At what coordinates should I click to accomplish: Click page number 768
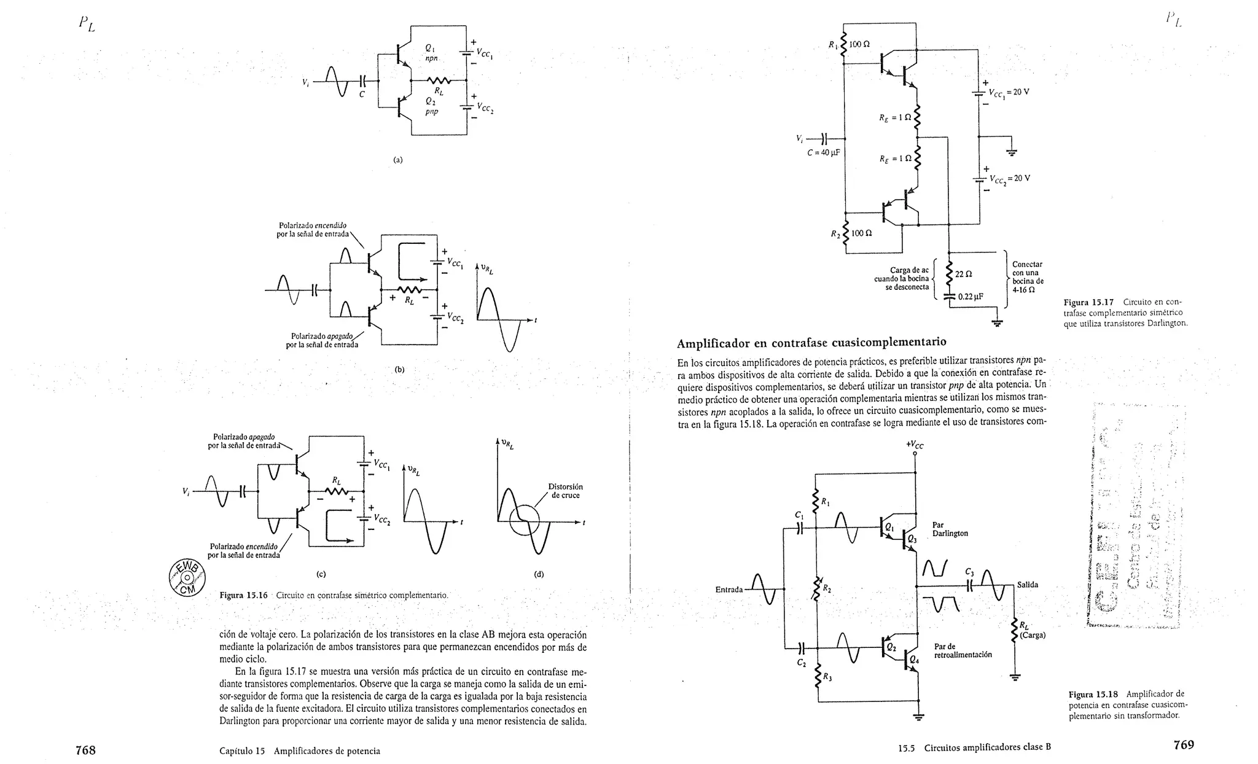click(x=85, y=750)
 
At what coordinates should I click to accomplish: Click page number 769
click(x=1183, y=745)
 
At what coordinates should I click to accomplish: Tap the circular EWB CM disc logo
click(x=187, y=578)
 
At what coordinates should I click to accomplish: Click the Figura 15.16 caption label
click(x=243, y=595)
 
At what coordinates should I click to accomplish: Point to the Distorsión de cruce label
click(x=565, y=491)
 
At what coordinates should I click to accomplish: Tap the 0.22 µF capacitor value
click(x=971, y=297)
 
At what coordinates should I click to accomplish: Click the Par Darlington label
click(x=950, y=529)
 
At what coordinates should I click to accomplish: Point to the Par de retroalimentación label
click(x=963, y=650)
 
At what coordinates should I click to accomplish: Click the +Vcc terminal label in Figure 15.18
click(x=915, y=445)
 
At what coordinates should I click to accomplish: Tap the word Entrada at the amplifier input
click(x=729, y=590)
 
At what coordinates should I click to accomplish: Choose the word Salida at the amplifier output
click(x=1027, y=585)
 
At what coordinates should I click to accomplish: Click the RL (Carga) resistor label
click(x=1031, y=631)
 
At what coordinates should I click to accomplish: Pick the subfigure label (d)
click(x=539, y=574)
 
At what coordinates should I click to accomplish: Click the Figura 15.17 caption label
click(x=1088, y=302)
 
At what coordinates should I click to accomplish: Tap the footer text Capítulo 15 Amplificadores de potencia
click(x=299, y=750)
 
